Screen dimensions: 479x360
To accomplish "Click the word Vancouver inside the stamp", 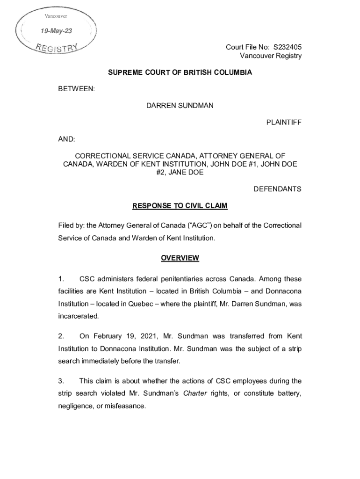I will pos(56,16).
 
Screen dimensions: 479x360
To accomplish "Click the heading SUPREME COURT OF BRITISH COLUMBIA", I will pos(180,73).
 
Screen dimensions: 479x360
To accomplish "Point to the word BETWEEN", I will pos(77,89).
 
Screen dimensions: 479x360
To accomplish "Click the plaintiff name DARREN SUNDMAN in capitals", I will pos(180,105).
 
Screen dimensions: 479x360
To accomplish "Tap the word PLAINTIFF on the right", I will pos(284,122).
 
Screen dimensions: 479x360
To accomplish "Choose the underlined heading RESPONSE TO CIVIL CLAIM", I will pos(180,206).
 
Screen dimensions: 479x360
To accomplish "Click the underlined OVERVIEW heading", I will pos(180,258).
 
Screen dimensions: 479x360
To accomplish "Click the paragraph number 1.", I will pos(61,279).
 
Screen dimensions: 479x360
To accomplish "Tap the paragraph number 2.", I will pos(61,336).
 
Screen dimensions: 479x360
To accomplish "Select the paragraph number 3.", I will pos(61,381).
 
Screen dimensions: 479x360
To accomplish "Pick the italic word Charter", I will pos(195,393).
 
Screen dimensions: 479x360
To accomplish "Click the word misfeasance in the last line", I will pos(126,406).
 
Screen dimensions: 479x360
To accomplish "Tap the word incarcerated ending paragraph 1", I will pos(79,316).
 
